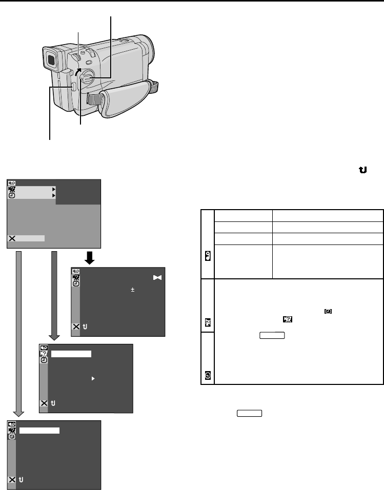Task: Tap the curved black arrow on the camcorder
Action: point(78,71)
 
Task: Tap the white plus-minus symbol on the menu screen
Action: point(132,290)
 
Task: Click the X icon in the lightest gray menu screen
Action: point(12,238)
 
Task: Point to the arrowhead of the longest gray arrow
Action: point(18,412)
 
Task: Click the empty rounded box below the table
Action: point(250,413)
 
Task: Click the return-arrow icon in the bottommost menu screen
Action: point(21,480)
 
